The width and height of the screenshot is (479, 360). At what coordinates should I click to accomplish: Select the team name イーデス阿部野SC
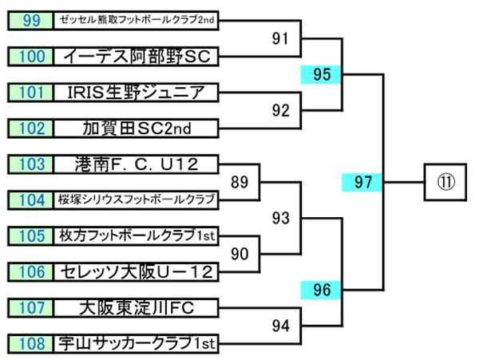point(137,56)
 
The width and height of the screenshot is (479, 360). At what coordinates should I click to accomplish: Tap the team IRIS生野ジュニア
point(137,92)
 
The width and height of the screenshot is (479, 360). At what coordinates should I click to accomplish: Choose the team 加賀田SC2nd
point(137,128)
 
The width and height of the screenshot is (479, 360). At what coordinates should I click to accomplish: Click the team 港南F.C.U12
point(137,164)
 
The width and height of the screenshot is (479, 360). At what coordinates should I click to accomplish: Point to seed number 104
point(32,200)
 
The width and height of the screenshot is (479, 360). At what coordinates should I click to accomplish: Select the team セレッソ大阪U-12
point(137,272)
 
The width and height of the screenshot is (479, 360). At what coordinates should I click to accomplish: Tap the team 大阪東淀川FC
point(137,307)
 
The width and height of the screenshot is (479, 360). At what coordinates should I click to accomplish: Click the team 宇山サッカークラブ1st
point(137,344)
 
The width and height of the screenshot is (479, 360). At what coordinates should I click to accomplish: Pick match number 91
point(280,37)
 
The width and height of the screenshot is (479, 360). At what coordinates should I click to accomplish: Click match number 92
point(280,110)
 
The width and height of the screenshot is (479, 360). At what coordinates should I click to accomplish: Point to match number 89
point(239,182)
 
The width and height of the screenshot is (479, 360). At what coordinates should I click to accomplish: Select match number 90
point(239,255)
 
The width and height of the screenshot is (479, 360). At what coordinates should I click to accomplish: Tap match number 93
point(280,217)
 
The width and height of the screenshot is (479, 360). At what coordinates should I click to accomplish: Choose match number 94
point(280,325)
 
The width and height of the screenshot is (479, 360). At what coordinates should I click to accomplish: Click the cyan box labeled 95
point(322,75)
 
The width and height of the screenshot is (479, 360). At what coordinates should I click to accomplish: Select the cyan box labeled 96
point(322,289)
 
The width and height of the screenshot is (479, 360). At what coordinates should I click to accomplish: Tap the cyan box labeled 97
point(363,183)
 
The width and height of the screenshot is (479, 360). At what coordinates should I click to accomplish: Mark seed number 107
point(32,307)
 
